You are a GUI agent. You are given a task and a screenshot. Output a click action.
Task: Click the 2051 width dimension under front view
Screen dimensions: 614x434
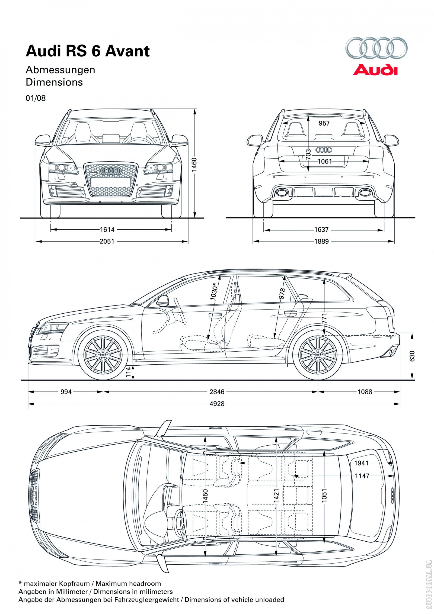tap(107, 241)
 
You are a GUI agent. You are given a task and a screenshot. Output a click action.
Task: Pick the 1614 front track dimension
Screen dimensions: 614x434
tap(107, 230)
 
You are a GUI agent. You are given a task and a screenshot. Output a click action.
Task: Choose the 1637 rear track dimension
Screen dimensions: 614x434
tap(321, 230)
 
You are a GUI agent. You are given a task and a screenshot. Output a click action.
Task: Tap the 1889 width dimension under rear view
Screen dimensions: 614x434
tap(321, 241)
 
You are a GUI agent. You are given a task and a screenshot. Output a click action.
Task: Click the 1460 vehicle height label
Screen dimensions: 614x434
tap(194, 165)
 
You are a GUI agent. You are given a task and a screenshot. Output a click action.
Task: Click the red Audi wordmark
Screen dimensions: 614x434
tap(375, 70)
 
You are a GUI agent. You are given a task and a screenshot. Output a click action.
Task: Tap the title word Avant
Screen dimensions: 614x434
tap(127, 51)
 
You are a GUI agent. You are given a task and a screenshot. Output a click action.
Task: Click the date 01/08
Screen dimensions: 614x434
tap(36, 98)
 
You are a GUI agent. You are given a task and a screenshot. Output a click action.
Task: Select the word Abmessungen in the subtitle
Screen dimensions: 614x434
tap(60, 70)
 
